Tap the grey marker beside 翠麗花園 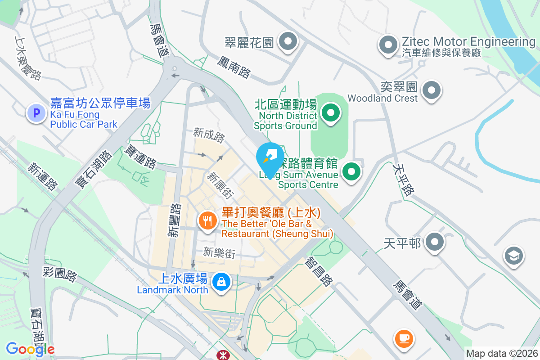288,42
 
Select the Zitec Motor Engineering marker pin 388,45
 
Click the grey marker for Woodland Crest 432,90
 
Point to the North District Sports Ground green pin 331,112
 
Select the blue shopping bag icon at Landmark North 221,282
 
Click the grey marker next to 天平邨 434,243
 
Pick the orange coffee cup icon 404,338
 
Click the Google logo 30,349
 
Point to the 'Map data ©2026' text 502,353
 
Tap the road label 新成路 209,135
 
